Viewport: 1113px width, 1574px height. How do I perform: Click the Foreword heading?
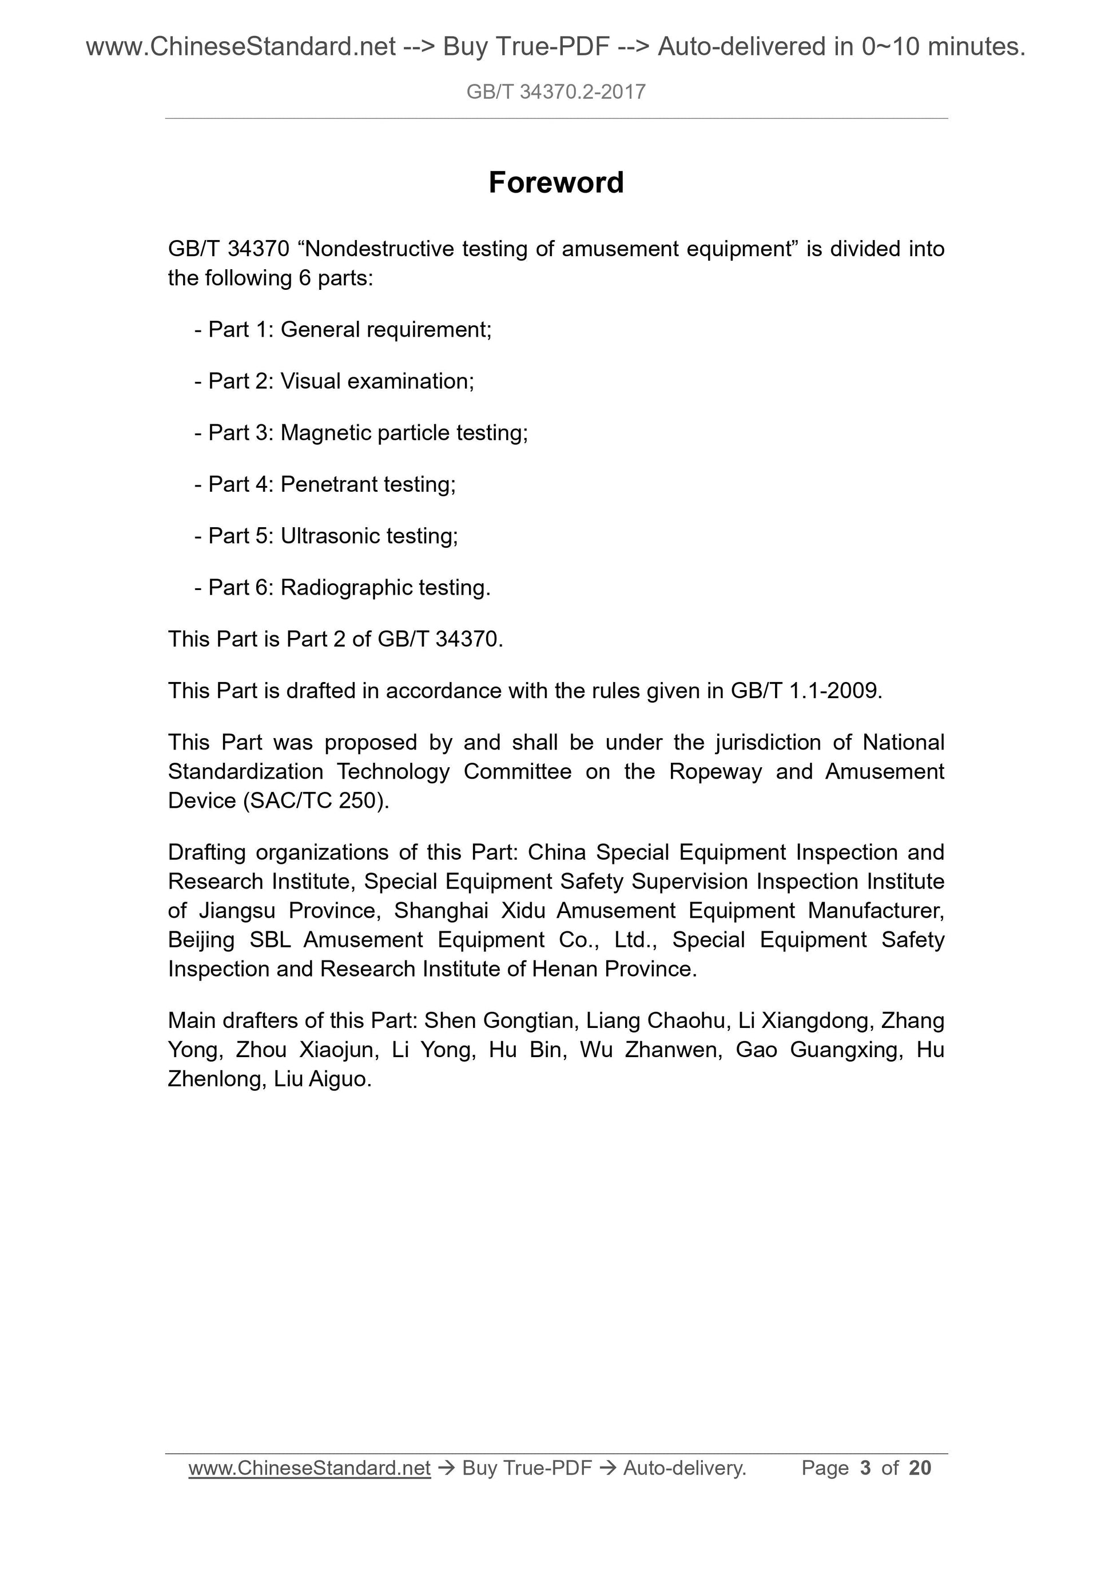pos(555,182)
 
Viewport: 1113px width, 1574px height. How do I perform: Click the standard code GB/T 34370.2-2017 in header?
pos(555,92)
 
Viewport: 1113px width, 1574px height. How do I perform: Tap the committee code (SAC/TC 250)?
pos(316,800)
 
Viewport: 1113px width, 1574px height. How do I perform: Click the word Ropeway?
pos(715,771)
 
